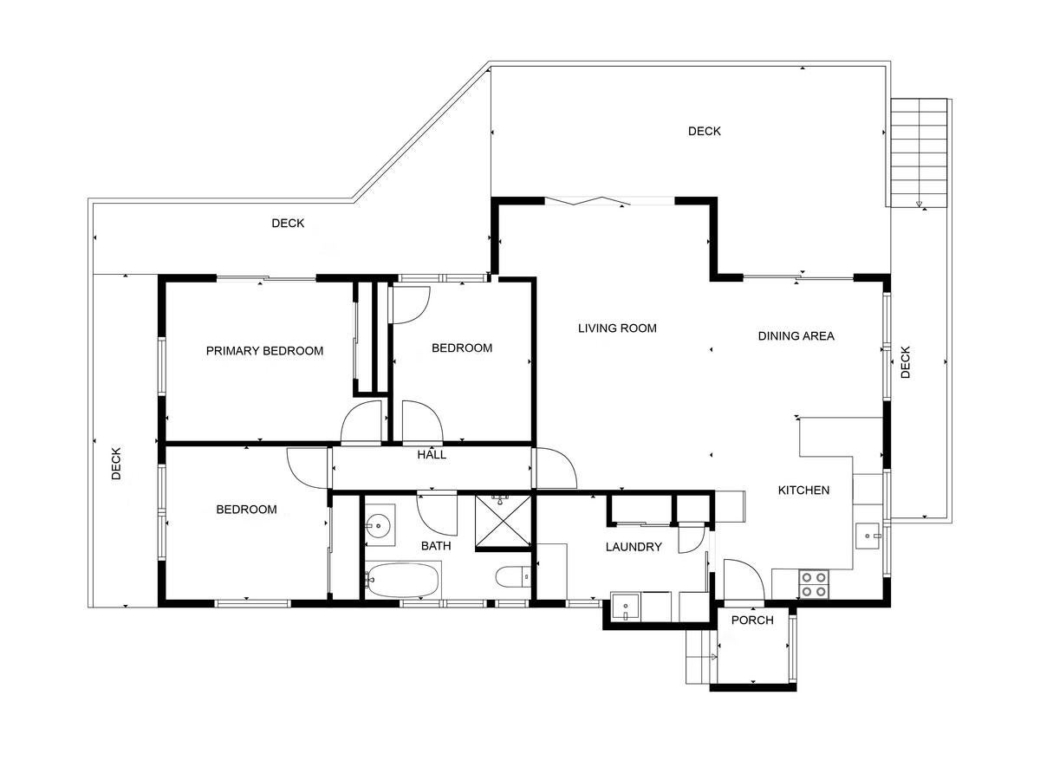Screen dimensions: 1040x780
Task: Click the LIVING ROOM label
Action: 617,328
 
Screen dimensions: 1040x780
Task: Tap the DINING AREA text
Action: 796,335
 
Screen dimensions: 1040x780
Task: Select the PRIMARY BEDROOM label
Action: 264,351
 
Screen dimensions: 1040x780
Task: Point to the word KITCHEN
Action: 803,491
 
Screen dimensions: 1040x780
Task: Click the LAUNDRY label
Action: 634,547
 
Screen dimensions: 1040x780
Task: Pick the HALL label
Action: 432,455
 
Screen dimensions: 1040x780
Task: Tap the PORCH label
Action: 752,620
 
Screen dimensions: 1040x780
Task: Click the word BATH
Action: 436,546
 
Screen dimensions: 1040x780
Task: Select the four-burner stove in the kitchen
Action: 814,585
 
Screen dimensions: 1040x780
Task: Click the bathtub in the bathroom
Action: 403,580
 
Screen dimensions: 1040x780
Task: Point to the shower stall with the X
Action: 504,522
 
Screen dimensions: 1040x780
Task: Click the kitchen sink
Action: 869,536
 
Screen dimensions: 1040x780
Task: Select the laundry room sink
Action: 626,608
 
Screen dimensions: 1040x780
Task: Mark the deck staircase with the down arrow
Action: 919,153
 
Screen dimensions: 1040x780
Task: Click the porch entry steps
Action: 701,657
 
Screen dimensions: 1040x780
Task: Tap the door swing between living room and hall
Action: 555,468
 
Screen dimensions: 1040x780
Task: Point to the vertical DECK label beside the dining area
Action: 906,362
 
